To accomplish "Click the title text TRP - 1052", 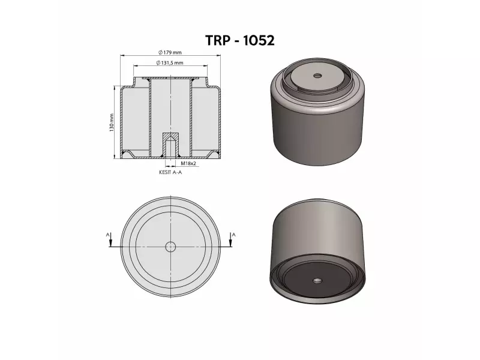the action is point(239,40).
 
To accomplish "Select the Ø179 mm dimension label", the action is point(170,52).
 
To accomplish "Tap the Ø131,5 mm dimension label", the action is point(170,63).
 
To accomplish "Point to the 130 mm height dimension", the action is point(112,122).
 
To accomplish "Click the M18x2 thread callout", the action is point(188,163).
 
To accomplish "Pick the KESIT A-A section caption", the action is point(170,172).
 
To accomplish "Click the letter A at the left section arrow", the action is point(107,235).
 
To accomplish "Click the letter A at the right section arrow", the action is point(234,235).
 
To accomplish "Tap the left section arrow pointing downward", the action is point(111,239).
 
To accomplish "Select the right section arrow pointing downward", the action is point(230,239).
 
